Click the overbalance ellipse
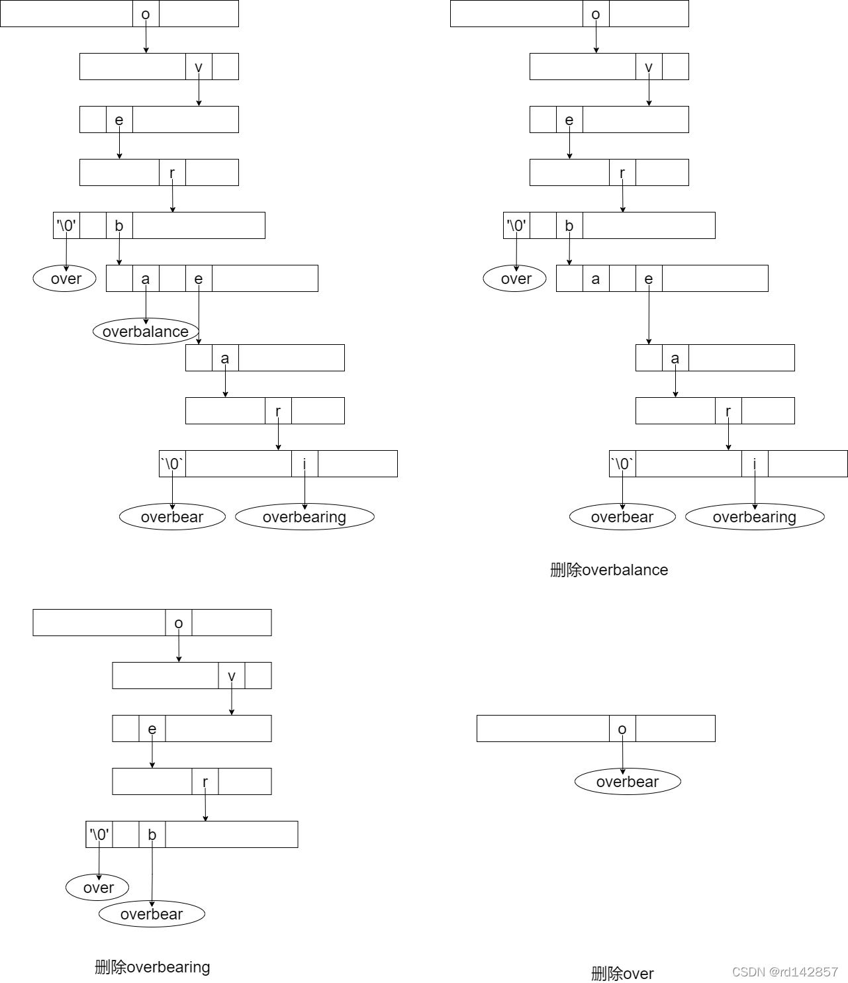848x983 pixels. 146,332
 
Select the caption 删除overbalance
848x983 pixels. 609,570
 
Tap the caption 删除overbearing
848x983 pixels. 152,967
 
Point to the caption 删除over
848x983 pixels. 622,974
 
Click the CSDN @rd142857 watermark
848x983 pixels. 785,972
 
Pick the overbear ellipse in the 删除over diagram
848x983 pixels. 628,782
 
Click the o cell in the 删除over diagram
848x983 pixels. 622,729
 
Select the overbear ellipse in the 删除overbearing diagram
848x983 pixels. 152,914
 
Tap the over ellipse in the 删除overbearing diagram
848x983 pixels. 98,888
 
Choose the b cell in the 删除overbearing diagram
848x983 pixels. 152,835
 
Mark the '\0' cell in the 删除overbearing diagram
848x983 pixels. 99,835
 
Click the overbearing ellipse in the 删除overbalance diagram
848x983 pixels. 755,517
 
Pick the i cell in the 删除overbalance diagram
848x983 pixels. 755,464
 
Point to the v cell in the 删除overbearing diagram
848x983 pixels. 232,676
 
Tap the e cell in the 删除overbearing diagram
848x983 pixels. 152,729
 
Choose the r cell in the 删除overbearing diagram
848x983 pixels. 205,782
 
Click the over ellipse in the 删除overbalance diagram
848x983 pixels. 515,279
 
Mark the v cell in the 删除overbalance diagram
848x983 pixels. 649,67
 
